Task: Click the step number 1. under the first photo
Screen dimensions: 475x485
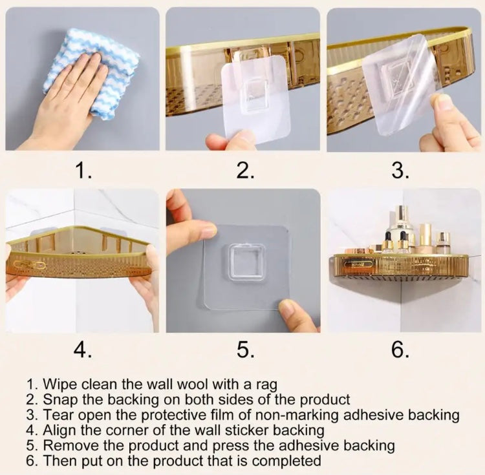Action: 83,170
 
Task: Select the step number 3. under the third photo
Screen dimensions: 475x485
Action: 401,170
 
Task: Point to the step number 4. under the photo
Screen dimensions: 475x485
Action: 83,350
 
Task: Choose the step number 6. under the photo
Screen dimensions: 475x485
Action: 401,350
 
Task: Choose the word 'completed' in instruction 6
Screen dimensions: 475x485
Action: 286,461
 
